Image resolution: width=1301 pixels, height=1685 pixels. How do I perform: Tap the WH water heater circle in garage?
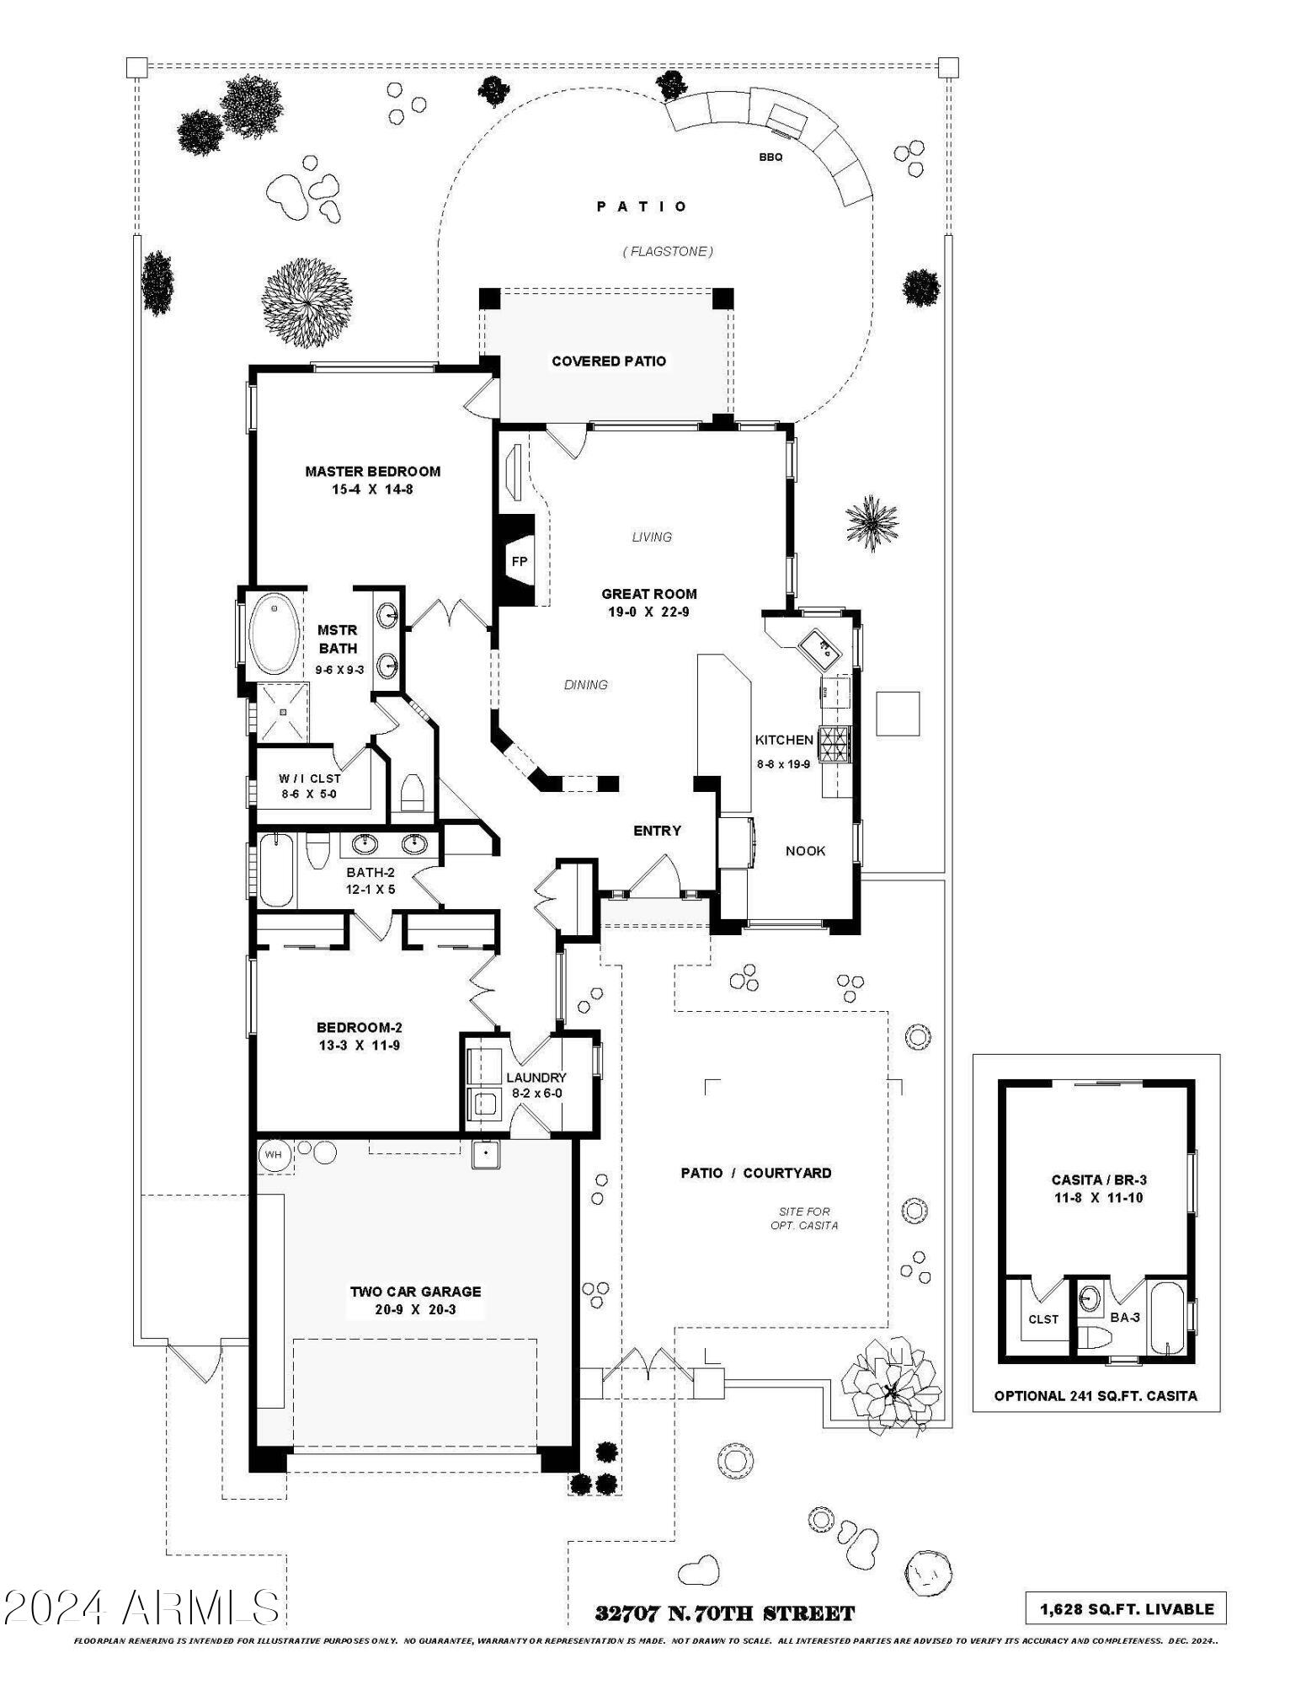click(273, 1154)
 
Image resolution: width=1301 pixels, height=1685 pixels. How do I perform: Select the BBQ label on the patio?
click(770, 157)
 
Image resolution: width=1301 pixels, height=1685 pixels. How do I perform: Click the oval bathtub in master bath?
click(273, 634)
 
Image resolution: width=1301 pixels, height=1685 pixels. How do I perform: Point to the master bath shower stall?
click(284, 712)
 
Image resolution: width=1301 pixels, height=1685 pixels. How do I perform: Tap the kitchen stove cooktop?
click(835, 744)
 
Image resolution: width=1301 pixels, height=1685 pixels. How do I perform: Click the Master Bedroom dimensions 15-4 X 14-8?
click(372, 489)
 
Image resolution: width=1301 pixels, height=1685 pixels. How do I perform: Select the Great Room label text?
click(648, 594)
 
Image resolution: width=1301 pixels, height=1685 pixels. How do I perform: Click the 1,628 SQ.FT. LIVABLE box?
click(1126, 1608)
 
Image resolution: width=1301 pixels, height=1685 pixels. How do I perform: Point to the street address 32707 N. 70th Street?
click(724, 1613)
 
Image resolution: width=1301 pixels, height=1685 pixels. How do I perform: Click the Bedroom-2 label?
click(359, 1027)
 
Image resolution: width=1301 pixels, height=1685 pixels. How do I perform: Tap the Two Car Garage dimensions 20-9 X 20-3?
click(415, 1309)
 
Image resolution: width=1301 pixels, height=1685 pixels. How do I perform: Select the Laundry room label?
click(536, 1078)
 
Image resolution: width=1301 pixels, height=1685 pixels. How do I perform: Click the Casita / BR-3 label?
click(1097, 1179)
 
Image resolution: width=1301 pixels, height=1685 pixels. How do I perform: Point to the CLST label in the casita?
click(1042, 1319)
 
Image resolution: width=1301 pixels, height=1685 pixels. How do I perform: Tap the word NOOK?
click(805, 850)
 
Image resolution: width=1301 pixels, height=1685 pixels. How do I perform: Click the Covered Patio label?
click(608, 361)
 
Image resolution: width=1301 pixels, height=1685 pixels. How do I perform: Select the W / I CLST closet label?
click(309, 778)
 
